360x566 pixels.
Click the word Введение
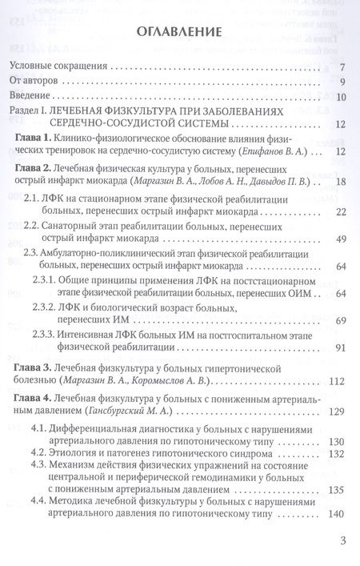34,97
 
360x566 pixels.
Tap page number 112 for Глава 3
337,379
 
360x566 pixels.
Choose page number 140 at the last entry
337,513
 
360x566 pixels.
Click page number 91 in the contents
340,347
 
